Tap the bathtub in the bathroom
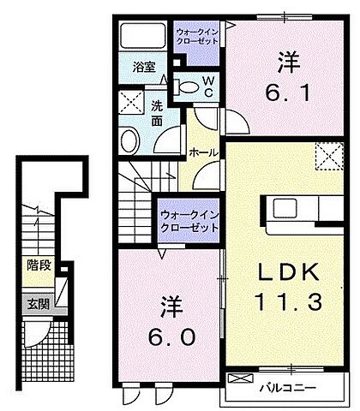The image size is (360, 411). [x=142, y=37]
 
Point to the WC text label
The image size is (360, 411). [x=207, y=86]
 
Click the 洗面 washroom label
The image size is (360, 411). [x=157, y=113]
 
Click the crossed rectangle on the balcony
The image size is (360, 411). [x=243, y=378]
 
